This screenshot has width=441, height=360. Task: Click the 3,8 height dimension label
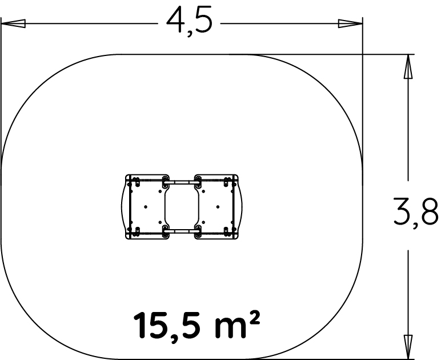click(x=416, y=213)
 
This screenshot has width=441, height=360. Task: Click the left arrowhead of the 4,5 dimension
click(x=13, y=23)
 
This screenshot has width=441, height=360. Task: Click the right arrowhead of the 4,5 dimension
click(x=350, y=23)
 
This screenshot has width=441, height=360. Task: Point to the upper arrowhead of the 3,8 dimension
click(x=408, y=66)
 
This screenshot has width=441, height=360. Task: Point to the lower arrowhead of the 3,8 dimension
click(x=408, y=347)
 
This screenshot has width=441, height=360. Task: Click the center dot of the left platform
click(x=146, y=207)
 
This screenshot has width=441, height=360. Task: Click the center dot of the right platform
click(x=218, y=207)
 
